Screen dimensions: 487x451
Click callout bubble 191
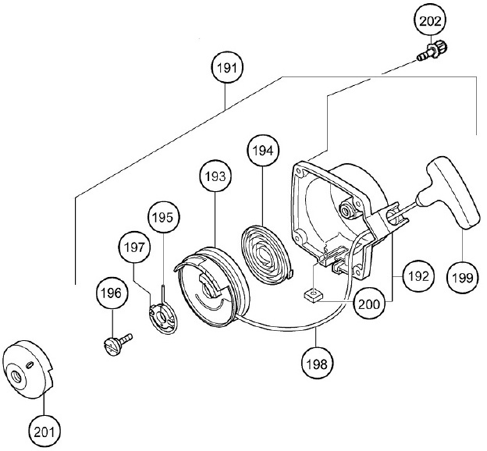227,67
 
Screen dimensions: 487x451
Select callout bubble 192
418,275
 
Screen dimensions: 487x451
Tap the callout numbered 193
215,176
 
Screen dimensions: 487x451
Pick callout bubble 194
263,151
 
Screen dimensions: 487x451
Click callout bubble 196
112,293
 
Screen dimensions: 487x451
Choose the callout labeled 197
134,247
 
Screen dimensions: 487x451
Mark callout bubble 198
318,363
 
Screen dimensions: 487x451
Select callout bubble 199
463,277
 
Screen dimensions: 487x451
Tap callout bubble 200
368,304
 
